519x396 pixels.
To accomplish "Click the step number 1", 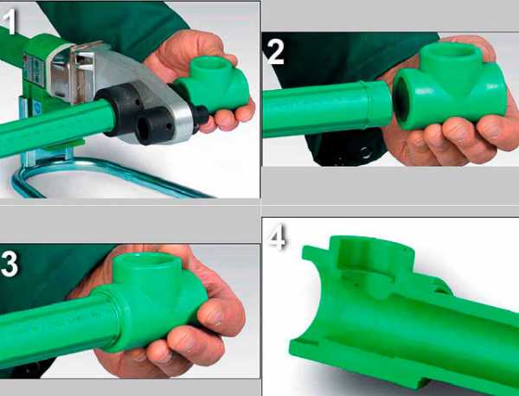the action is (x=9, y=22).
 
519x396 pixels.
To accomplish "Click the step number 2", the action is (x=275, y=53).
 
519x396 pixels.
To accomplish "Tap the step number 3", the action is (x=9, y=264).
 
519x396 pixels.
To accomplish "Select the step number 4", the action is (x=277, y=238).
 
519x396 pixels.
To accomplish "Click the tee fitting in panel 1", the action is (x=212, y=86).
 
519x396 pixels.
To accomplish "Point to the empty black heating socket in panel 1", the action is (x=154, y=125).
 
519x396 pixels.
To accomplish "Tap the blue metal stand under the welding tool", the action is (x=83, y=172).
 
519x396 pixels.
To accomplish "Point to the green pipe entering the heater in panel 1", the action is (x=56, y=127).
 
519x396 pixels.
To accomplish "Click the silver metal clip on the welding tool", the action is (x=80, y=71).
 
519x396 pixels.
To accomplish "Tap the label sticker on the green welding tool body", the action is (x=34, y=70).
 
